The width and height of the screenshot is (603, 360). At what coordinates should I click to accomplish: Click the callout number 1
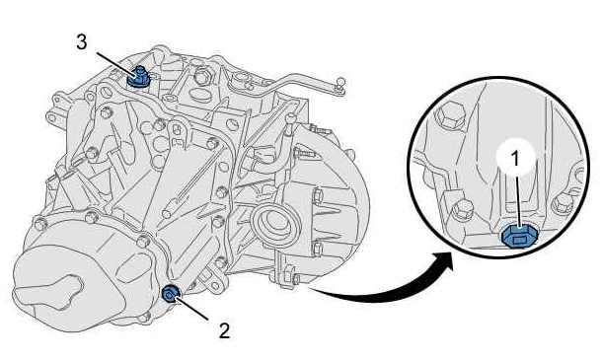click(x=516, y=158)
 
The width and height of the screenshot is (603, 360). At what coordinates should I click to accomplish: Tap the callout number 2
click(x=224, y=330)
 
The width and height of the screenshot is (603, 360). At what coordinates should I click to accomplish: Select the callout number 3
click(x=82, y=42)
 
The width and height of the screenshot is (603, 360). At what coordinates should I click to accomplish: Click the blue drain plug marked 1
click(x=518, y=236)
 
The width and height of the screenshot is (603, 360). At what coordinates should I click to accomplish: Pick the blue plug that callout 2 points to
click(x=170, y=294)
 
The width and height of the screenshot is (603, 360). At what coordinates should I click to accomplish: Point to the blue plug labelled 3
click(x=138, y=77)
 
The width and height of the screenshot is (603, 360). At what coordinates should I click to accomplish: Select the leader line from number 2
click(x=192, y=308)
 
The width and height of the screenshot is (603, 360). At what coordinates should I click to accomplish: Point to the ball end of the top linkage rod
click(x=339, y=82)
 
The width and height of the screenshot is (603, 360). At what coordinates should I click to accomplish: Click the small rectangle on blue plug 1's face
click(x=519, y=241)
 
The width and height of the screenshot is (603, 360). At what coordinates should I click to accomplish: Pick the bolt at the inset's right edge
click(x=563, y=202)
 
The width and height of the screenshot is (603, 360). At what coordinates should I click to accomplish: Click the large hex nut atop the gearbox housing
click(x=202, y=77)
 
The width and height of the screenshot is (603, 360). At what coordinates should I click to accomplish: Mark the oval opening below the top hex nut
click(x=199, y=95)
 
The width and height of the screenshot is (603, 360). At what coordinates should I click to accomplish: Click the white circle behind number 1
click(x=516, y=158)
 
